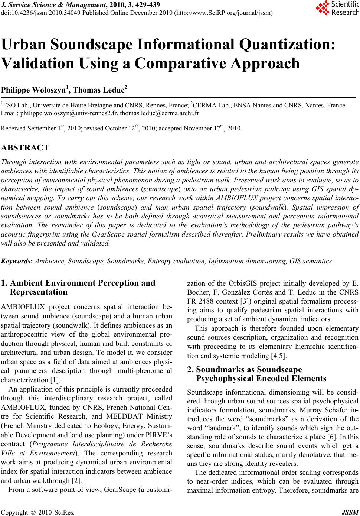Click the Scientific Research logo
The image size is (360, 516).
[337, 8]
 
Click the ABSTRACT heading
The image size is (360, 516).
[25, 148]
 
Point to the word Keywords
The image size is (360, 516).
[17, 261]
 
